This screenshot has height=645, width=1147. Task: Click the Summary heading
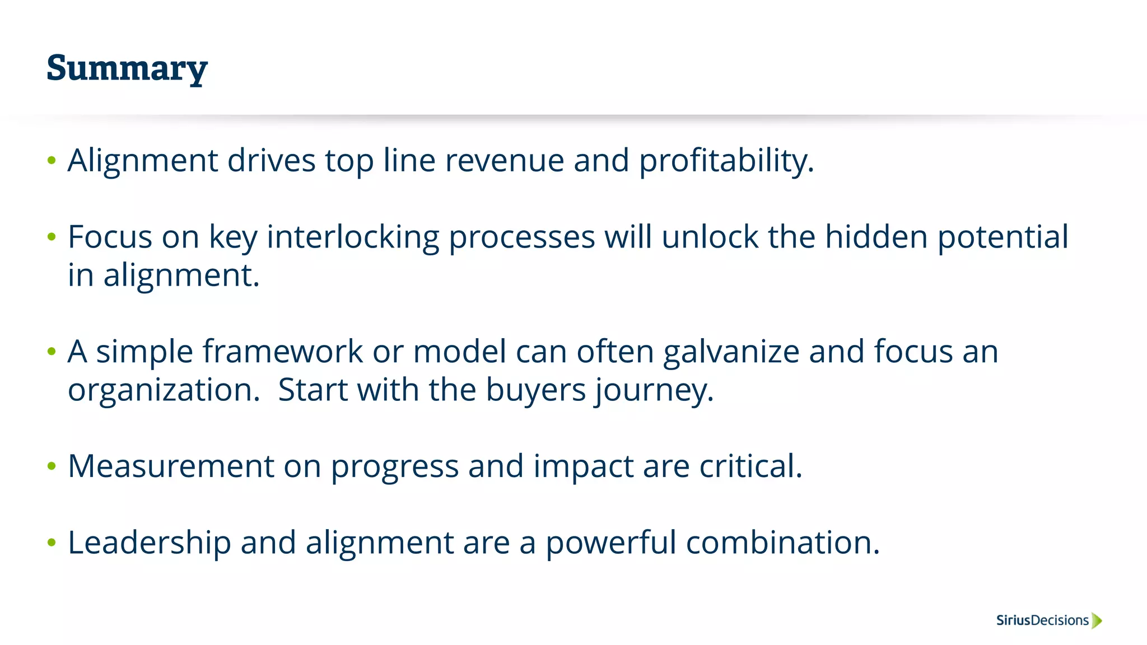click(x=127, y=68)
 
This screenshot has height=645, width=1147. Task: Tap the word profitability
click(x=726, y=161)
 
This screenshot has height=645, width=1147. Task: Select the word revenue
click(x=504, y=161)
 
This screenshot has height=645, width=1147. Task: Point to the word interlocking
click(x=353, y=237)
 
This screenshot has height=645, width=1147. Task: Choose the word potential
click(x=1003, y=237)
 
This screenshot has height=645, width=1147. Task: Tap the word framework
click(x=283, y=352)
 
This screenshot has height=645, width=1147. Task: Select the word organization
click(x=164, y=390)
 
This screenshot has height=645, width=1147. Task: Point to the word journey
click(x=654, y=390)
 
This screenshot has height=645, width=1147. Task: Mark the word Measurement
click(x=171, y=466)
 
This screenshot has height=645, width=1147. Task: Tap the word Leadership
click(x=149, y=543)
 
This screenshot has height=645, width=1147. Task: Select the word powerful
click(x=611, y=543)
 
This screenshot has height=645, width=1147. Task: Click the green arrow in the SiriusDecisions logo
click(x=1097, y=620)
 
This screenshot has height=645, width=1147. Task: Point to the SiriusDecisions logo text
click(x=1042, y=620)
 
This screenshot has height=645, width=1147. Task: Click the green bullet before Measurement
click(x=52, y=466)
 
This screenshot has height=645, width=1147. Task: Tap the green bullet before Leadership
click(x=52, y=543)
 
